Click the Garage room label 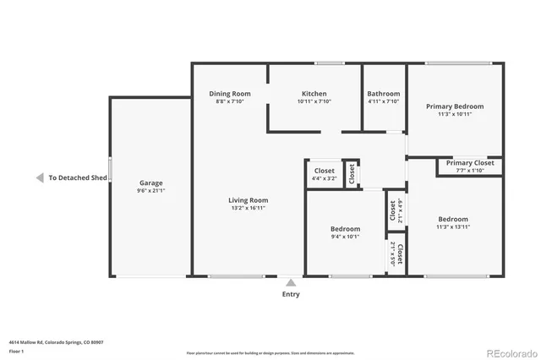pos(151,183)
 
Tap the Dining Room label pos(230,94)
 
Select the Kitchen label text pos(314,94)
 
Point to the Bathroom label pos(384,94)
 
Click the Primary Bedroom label pos(455,106)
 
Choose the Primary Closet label pos(470,162)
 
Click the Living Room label pos(248,200)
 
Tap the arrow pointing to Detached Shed pos(39,178)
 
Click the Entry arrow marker pos(290,283)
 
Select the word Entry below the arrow pos(290,294)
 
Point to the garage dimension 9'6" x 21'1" pos(151,191)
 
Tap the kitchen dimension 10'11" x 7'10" pos(314,101)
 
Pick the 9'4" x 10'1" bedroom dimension pos(345,237)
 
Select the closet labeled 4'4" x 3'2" pos(324,178)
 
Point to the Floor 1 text pos(16,351)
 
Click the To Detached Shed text pos(78,178)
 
